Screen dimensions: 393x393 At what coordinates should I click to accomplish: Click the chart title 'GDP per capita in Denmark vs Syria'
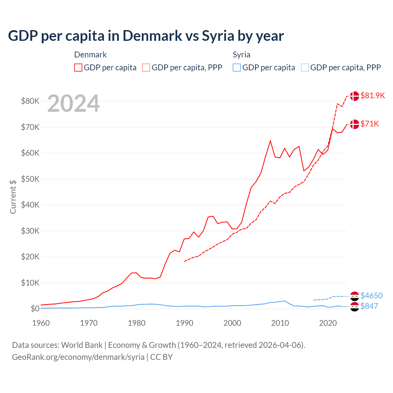coord(146,36)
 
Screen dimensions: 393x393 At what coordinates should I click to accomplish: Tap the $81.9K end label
coord(372,95)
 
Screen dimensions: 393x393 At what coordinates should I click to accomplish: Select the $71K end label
coord(370,124)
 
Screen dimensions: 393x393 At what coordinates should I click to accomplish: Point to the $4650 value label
coord(372,296)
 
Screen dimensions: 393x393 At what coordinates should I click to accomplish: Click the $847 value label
coord(369,306)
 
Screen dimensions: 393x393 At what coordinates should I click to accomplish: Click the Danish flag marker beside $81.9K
coord(355,96)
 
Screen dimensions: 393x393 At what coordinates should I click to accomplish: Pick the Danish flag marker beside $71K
coord(355,124)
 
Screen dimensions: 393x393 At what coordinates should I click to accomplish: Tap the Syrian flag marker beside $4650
coord(355,296)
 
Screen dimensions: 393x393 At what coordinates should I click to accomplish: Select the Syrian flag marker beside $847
coord(355,306)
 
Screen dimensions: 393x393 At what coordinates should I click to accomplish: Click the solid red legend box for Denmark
coord(78,68)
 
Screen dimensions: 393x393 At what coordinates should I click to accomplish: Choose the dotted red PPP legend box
coord(146,68)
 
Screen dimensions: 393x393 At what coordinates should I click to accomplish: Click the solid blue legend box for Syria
coord(237,68)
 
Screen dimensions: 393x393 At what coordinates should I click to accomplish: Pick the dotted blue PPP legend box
coord(305,68)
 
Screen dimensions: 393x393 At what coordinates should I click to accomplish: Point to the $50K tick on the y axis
coord(30,179)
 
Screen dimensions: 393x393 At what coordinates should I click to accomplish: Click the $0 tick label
coord(35,309)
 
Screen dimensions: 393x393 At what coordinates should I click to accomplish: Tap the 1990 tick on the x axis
coord(185,323)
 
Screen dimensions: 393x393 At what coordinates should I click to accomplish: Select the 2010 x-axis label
coord(280,323)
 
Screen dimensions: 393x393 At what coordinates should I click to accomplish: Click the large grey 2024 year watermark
coord(73,104)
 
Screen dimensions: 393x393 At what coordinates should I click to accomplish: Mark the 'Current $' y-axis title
coord(13,197)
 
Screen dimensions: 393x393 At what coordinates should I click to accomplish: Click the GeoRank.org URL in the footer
coord(78,357)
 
